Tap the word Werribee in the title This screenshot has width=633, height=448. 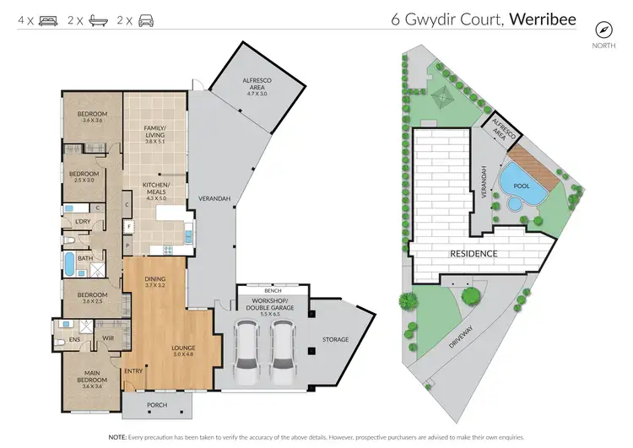(x=544, y=19)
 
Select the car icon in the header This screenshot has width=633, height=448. (x=147, y=19)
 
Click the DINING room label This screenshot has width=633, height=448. (x=154, y=282)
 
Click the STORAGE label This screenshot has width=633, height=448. (x=335, y=339)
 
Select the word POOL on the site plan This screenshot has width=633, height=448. (x=514, y=179)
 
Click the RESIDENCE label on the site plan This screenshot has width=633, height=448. (x=473, y=253)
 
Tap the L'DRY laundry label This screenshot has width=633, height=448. (x=83, y=221)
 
